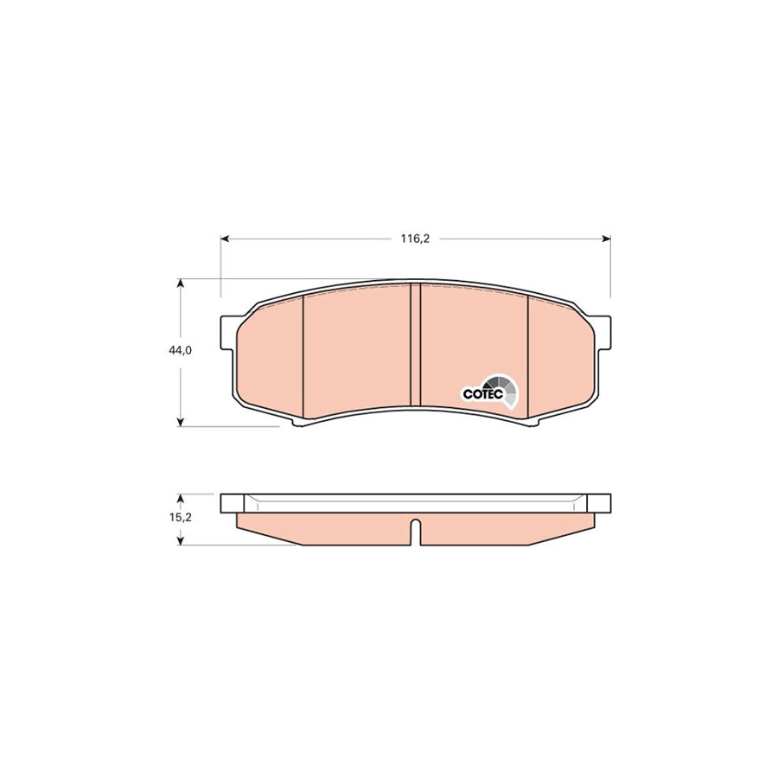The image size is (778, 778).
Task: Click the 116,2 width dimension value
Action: coord(415,239)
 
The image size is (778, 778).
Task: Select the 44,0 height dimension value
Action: coord(180,350)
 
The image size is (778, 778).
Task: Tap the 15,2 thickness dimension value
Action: coord(181,518)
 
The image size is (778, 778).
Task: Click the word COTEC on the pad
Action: coord(483,393)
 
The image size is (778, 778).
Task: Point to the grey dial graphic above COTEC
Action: coord(501,386)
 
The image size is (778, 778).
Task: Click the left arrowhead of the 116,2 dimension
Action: coord(224,239)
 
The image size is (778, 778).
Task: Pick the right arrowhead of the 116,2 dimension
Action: coord(606,239)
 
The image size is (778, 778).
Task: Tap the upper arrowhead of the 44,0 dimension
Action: coord(181,283)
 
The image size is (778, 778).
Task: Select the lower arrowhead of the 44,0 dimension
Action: coord(181,422)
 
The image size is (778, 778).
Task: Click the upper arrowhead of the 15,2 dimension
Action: coord(181,498)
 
